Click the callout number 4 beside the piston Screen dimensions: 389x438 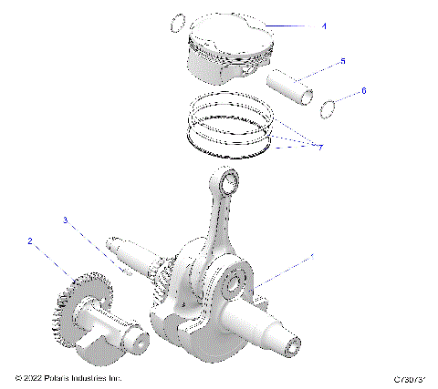[324, 26]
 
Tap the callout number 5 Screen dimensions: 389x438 [342, 61]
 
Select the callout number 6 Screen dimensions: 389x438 [364, 91]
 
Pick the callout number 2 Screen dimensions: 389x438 [30, 241]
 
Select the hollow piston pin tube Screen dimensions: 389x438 [292, 83]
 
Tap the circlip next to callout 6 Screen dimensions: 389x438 [329, 110]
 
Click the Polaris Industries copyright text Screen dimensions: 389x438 [68, 378]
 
